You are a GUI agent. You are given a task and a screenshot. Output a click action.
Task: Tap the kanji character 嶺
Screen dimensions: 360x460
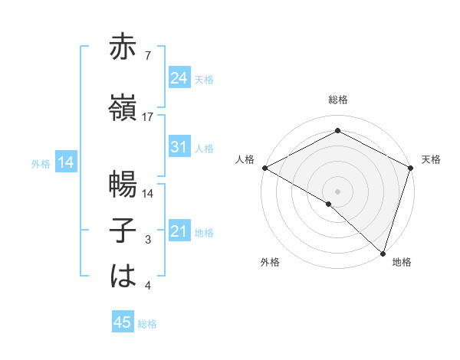tap(123, 107)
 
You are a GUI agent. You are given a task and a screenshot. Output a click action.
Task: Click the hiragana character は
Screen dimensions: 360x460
tap(123, 277)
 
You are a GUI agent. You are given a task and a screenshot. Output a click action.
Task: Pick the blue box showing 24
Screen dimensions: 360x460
tap(179, 78)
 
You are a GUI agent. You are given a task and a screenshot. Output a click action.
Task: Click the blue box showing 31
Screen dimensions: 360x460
tap(179, 147)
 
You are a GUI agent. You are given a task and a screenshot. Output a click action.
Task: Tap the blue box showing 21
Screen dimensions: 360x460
tap(179, 231)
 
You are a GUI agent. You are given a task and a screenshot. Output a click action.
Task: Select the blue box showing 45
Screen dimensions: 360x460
tap(123, 322)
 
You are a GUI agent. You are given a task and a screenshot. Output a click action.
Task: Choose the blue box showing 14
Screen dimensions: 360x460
tap(65, 162)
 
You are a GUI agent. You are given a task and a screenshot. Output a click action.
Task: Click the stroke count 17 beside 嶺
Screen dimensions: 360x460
tap(148, 117)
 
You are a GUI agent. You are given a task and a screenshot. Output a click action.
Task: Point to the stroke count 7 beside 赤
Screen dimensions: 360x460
tap(146, 56)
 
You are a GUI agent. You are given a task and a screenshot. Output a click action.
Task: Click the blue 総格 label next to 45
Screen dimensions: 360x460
tap(147, 324)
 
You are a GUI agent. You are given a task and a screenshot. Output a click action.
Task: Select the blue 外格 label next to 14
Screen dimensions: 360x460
tap(41, 163)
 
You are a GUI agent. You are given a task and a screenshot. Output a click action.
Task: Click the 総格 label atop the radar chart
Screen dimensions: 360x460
tap(337, 100)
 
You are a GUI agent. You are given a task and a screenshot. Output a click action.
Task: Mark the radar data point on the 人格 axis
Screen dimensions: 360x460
tap(264, 167)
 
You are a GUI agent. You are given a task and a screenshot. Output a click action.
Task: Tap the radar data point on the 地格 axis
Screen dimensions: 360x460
tap(383, 253)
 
